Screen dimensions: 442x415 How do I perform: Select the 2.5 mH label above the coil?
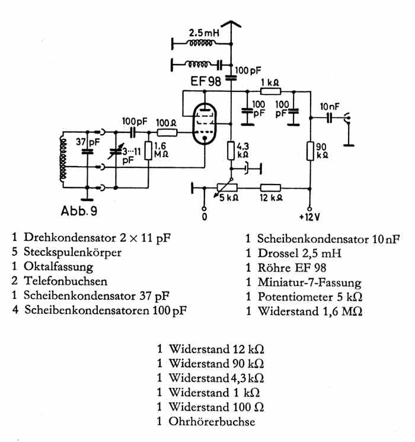(204, 34)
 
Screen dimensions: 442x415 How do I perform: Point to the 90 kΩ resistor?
(310, 151)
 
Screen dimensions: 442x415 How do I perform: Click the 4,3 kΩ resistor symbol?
(231, 150)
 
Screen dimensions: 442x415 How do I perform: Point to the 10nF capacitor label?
(331, 106)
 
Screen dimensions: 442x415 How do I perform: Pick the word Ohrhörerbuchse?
(212, 422)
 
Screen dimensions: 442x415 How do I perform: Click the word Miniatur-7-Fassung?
(309, 282)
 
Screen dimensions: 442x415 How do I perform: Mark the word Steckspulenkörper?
(73, 252)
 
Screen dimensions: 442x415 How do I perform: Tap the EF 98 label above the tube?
(206, 81)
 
